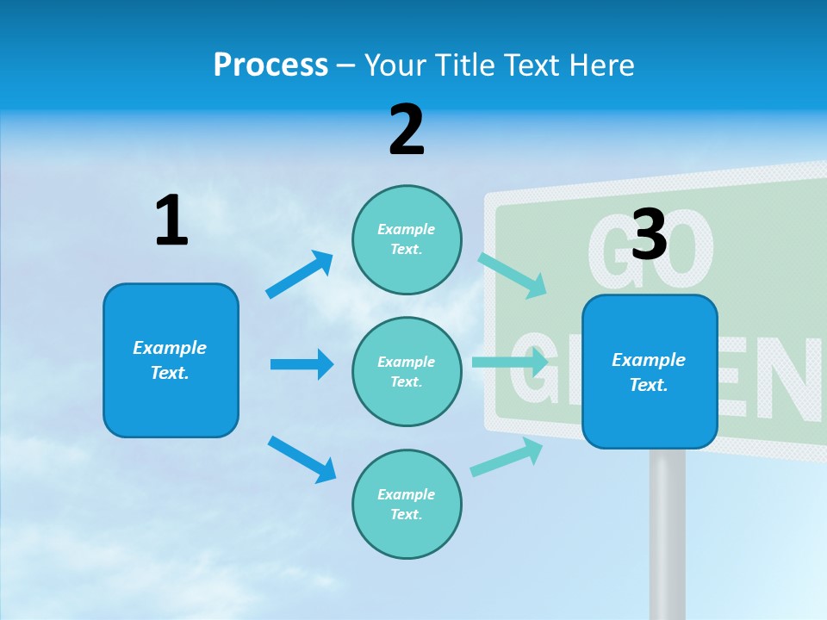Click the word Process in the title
pos(270,65)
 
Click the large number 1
pos(171,220)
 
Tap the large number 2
pos(407,130)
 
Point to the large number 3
pos(649,234)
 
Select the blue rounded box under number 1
pos(171,360)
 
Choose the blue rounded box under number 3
pos(650,371)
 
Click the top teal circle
pos(407,239)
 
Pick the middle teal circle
pos(407,371)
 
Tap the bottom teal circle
pos(407,504)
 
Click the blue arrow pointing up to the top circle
pos(300,275)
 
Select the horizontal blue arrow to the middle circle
pos(302,364)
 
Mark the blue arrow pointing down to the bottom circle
pos(302,459)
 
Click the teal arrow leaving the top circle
pos(513,275)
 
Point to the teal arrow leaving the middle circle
pos(510,362)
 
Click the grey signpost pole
pos(667,534)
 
